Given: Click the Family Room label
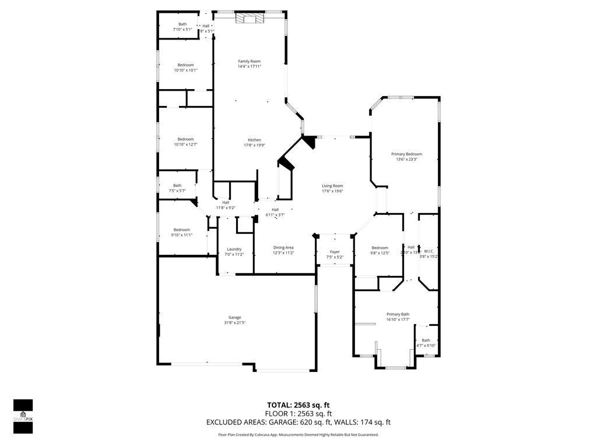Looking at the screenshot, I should point(249,61).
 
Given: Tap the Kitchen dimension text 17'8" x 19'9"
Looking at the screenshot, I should point(254,146).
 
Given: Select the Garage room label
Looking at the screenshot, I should point(235,317).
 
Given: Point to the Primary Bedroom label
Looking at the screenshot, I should point(406,154).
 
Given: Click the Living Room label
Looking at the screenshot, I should point(332,186).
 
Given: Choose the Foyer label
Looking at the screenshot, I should point(335,252).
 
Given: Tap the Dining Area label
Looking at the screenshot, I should point(284,247).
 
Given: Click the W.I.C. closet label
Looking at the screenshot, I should point(429,251).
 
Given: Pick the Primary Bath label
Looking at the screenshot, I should point(398,314).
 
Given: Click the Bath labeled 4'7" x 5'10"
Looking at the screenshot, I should point(426,340).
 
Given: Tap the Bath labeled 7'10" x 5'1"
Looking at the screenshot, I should point(182,24).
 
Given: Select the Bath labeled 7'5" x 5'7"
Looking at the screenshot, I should point(177,186).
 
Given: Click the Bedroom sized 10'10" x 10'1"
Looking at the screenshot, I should point(185,65).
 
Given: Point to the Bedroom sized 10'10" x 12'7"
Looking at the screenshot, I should point(185,139).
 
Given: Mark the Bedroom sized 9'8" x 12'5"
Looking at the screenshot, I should point(380,248).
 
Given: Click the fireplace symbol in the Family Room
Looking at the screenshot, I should point(250,19).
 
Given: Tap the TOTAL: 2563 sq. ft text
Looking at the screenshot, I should point(298,405).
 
